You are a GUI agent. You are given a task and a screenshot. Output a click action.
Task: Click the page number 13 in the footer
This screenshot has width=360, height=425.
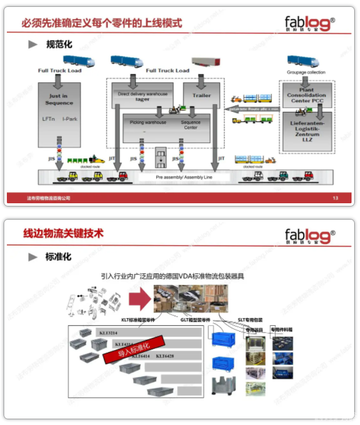pyautogui.click(x=335, y=199)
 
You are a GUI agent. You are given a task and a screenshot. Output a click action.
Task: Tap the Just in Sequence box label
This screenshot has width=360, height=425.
pyautogui.click(x=59, y=99)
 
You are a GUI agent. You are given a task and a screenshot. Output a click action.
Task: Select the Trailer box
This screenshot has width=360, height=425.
pyautogui.click(x=201, y=96)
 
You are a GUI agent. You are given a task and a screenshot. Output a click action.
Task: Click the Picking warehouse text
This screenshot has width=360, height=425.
pyautogui.click(x=148, y=122)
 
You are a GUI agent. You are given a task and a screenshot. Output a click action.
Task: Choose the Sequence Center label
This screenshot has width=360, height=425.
pyautogui.click(x=191, y=125)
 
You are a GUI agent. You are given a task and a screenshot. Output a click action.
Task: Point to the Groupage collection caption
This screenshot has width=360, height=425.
pyautogui.click(x=306, y=72)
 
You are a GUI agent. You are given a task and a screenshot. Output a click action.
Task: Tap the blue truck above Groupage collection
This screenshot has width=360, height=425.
pyautogui.click(x=302, y=61)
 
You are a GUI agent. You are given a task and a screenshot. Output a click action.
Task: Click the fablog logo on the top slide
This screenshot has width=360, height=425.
pyautogui.click(x=310, y=24)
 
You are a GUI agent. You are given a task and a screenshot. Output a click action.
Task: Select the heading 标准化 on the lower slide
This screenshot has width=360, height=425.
pyautogui.click(x=58, y=257)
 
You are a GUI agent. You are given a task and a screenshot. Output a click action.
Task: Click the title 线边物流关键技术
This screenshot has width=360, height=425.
pyautogui.click(x=63, y=233)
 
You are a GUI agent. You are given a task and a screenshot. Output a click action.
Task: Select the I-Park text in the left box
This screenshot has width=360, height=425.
pyautogui.click(x=70, y=119)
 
